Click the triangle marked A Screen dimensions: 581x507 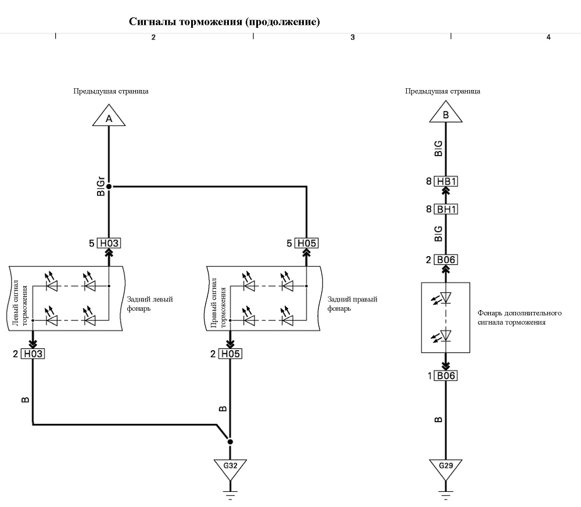coord(109,117)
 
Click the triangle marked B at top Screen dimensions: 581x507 coord(446,113)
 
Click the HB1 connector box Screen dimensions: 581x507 coord(446,181)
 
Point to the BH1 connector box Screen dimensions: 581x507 coord(446,209)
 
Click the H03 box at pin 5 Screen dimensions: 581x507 coord(109,243)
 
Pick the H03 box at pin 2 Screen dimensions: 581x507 coord(33,354)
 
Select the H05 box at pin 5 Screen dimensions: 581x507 coord(306,243)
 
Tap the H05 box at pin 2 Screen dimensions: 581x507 coord(230,354)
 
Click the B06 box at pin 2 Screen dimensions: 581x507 coord(446,260)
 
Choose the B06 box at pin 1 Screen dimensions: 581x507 coord(446,376)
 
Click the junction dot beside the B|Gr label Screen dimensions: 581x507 coord(109,186)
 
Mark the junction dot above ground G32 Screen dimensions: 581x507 coord(230,441)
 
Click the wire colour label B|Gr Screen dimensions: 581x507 coord(101,186)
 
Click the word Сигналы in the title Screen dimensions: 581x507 coord(152,21)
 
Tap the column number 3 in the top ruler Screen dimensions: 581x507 coord(353,37)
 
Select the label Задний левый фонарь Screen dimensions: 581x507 coord(150,304)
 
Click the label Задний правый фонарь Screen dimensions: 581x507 coord(352,304)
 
